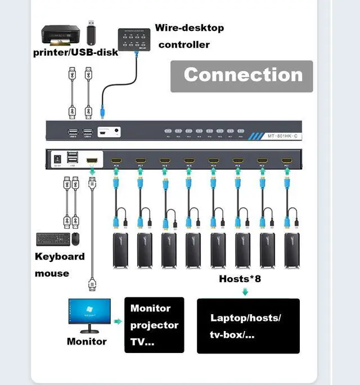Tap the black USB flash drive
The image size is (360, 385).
point(91,34)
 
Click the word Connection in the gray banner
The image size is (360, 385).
point(243,75)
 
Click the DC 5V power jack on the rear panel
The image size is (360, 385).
point(57,159)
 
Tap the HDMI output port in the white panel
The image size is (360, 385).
point(92,160)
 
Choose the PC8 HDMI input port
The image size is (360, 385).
point(116,160)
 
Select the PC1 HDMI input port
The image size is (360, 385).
point(286,160)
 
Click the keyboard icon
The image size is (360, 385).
point(53,239)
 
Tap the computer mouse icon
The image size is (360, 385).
point(75,239)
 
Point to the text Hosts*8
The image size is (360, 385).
point(240,279)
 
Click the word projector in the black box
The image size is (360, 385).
point(154,325)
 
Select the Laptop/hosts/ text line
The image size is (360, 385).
point(246,318)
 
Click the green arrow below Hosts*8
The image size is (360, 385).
point(245,291)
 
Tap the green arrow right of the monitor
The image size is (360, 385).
point(118,321)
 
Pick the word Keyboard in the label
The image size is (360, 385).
point(60,256)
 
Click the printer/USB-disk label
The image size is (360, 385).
point(75,52)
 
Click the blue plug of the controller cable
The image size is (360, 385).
point(102,111)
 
